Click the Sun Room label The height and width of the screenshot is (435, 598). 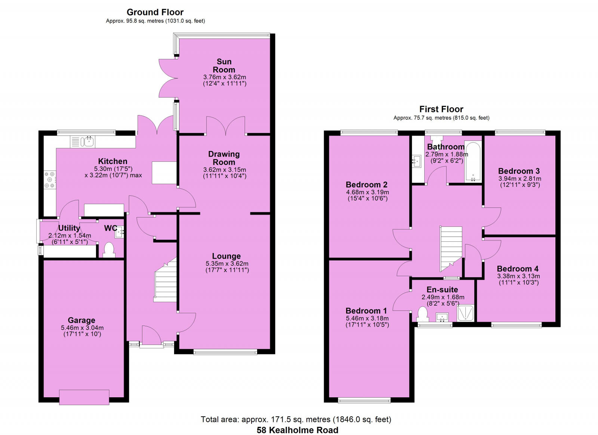click(224, 65)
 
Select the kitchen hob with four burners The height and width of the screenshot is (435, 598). click(49, 180)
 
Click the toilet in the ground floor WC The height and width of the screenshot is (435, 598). click(108, 250)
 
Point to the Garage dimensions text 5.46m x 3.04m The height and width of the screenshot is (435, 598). click(82, 328)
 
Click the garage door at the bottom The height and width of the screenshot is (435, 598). click(84, 397)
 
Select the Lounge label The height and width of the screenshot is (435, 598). click(226, 256)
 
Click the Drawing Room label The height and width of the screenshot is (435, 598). click(224, 158)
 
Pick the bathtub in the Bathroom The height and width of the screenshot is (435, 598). click(473, 162)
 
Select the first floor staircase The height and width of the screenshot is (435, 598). click(451, 249)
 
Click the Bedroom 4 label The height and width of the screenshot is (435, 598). click(518, 269)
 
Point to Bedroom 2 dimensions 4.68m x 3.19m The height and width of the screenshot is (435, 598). click(367, 192)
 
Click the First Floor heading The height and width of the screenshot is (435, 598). click(441, 109)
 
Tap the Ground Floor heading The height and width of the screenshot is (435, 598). click(155, 12)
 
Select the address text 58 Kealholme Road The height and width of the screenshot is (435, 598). click(297, 430)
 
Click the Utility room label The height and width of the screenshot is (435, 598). click(69, 228)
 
